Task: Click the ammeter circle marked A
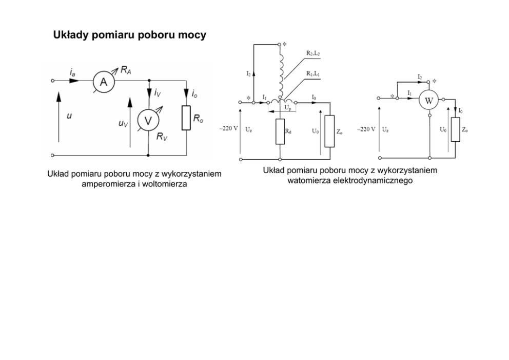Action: coord(103,82)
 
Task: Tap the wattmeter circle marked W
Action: coord(428,101)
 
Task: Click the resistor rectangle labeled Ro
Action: coord(186,119)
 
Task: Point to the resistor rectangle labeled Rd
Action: coord(280,130)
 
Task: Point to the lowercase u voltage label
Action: coord(69,116)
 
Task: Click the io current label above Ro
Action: coord(195,94)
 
